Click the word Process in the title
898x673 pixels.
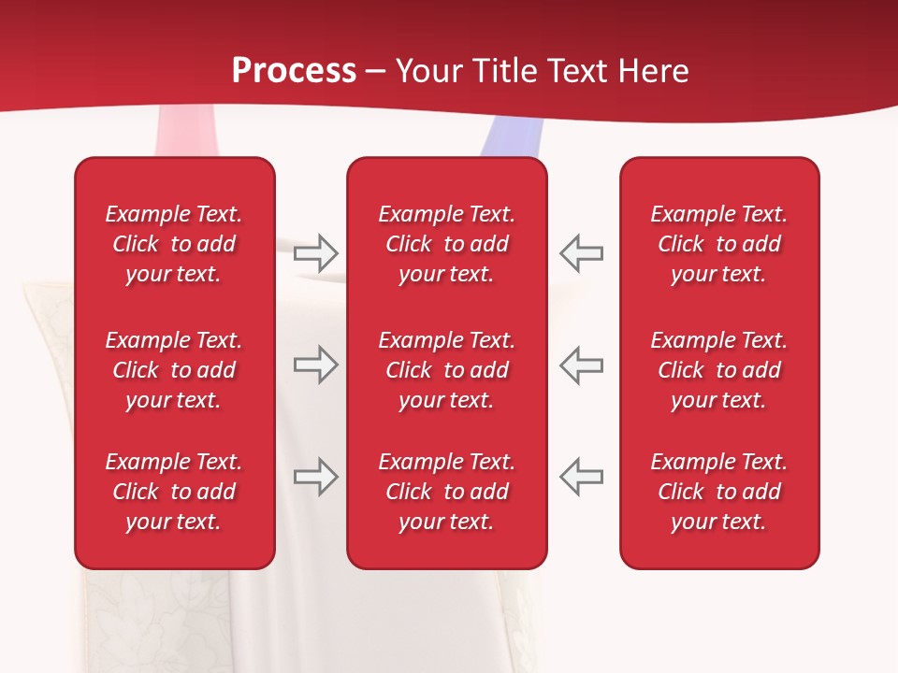(x=294, y=71)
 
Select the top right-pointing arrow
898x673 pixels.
(x=315, y=252)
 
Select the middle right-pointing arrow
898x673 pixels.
(x=315, y=365)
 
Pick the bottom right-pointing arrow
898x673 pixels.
(x=315, y=477)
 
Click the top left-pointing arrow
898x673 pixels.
(x=581, y=252)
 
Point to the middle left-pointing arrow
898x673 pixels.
(x=581, y=365)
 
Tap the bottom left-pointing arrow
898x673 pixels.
(x=581, y=477)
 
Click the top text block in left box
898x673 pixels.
(x=174, y=244)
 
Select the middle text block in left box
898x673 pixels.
(x=174, y=370)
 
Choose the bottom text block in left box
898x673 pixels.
(x=174, y=492)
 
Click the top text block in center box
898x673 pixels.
(x=446, y=244)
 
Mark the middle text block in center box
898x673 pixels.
(x=446, y=370)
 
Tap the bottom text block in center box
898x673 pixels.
(x=446, y=492)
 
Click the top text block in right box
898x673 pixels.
(x=718, y=244)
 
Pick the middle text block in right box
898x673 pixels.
(x=718, y=370)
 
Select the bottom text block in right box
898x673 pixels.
(x=718, y=492)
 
